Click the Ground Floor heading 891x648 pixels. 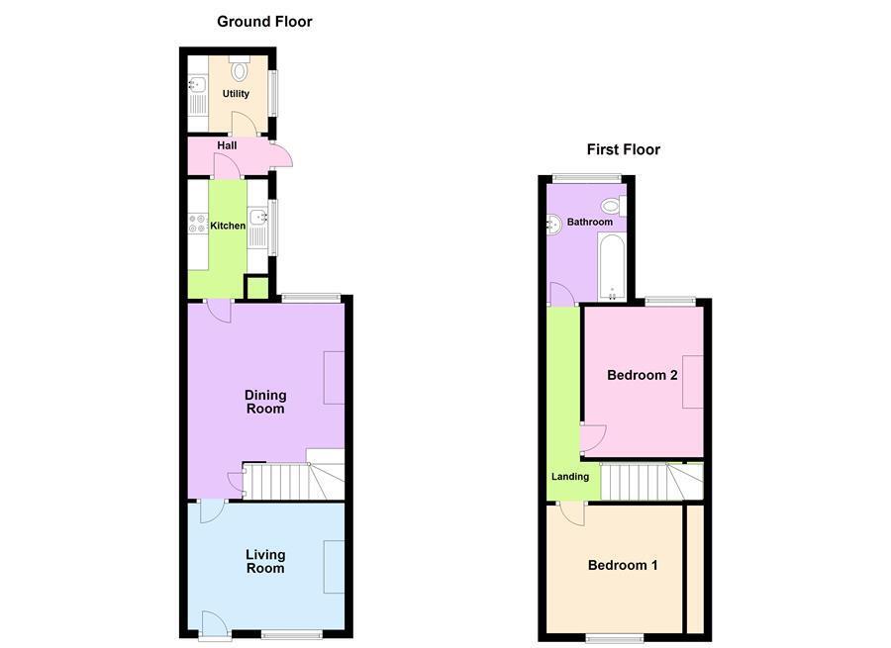264,22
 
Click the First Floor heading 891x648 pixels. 623,150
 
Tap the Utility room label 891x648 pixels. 236,94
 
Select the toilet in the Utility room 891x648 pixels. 239,69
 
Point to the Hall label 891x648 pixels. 227,145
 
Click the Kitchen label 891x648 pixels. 228,226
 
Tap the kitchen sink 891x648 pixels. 257,220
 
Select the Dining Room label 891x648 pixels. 265,402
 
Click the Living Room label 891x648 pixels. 265,561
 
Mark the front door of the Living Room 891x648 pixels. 214,623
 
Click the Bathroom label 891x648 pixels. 589,223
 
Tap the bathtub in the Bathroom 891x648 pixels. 612,265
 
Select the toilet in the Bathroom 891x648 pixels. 613,206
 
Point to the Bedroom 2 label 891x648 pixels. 642,375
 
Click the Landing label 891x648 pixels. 569,477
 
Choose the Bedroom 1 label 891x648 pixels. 623,565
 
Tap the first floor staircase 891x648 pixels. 648,482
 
